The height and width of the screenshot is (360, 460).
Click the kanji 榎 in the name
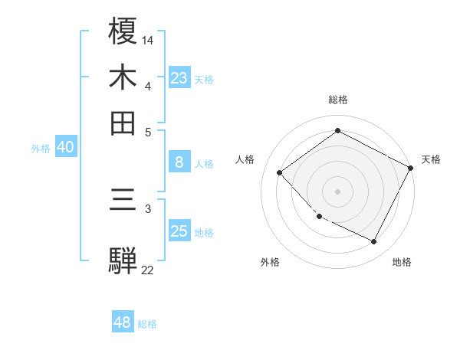(x=123, y=31)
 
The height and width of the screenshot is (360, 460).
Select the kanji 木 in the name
(x=123, y=77)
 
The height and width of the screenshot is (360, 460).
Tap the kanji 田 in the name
(x=123, y=123)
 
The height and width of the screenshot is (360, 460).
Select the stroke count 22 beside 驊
(x=148, y=269)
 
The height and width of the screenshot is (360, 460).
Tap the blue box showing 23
(x=179, y=77)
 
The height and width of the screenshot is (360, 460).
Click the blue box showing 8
(x=179, y=162)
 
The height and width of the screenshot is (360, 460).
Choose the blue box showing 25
(x=179, y=231)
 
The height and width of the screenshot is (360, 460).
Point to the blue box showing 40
(x=65, y=147)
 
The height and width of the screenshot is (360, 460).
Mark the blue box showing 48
(x=123, y=322)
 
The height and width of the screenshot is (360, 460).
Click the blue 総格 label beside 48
(x=147, y=324)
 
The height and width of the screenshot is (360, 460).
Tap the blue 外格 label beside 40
(x=41, y=149)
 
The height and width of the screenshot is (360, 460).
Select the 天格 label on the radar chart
(x=431, y=159)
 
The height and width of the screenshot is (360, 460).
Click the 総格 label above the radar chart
(x=338, y=100)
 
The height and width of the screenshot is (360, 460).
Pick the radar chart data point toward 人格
(x=280, y=172)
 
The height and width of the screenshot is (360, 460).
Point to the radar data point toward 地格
(x=374, y=242)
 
